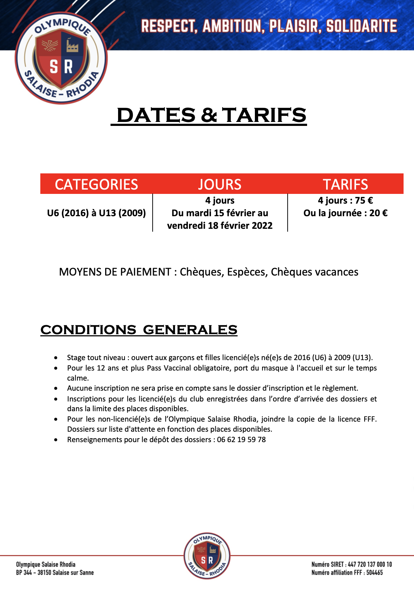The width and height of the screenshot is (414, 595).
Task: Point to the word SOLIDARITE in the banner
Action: (361, 26)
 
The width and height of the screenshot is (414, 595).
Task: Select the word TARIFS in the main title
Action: (264, 115)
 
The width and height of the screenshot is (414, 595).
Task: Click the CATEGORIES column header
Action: (96, 185)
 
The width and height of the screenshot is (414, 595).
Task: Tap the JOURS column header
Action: (220, 185)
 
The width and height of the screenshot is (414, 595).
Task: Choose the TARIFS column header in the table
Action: (345, 185)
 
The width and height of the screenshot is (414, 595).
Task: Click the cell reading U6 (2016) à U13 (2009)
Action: (96, 213)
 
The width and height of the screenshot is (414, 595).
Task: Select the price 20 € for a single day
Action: (378, 213)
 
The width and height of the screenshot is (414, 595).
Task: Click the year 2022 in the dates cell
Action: (261, 226)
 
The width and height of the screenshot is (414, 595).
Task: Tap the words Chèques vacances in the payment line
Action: (314, 272)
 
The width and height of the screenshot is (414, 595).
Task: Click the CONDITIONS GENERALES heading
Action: (139, 330)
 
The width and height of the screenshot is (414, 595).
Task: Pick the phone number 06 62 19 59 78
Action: (241, 440)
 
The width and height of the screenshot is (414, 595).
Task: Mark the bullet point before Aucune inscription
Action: (56, 389)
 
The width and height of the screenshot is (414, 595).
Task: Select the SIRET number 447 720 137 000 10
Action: (370, 564)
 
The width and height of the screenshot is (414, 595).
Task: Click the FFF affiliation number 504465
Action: (374, 572)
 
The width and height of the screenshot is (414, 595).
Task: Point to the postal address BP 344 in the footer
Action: (24, 572)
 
